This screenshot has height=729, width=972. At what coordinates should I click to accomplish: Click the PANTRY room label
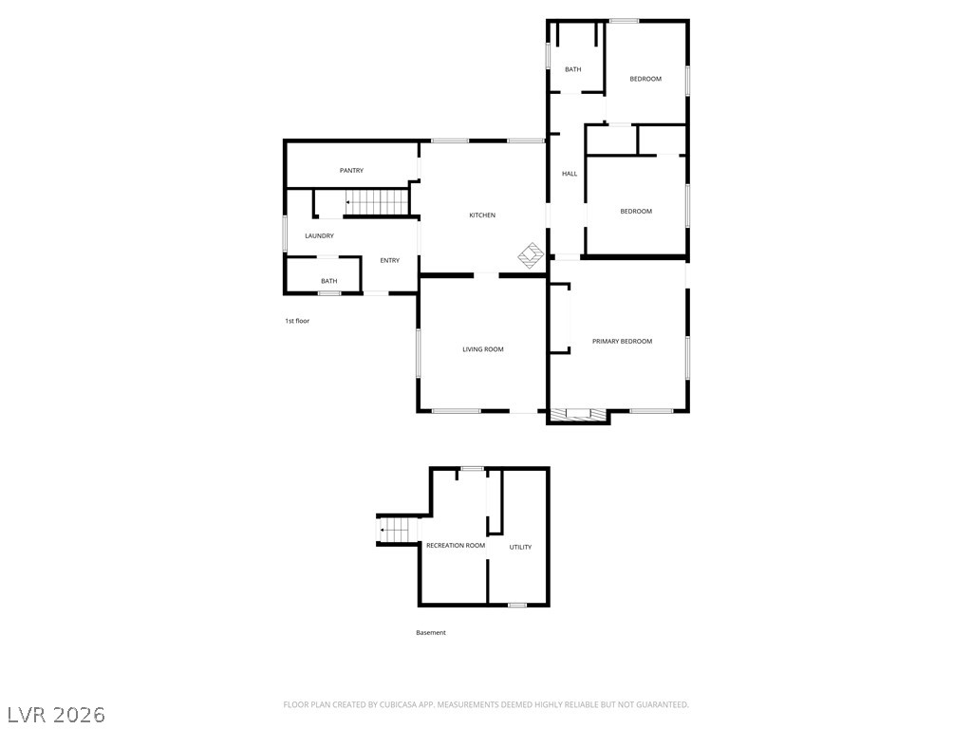tap(351, 171)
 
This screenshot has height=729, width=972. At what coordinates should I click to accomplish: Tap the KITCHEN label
tap(482, 215)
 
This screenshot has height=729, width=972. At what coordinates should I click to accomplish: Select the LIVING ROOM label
tap(482, 349)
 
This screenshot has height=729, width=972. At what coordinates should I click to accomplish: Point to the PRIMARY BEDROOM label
tap(622, 341)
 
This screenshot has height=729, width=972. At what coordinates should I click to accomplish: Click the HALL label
tap(570, 174)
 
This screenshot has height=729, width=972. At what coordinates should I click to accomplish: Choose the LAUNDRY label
tap(319, 235)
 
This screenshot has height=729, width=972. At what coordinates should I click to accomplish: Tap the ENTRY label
tap(389, 261)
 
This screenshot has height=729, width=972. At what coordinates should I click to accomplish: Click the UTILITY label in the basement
tap(520, 547)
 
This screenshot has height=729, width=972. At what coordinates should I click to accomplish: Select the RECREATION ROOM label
tap(456, 546)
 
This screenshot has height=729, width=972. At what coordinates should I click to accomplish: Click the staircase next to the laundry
tap(376, 202)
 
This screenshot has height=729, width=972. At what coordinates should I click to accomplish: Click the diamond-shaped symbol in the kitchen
tap(531, 255)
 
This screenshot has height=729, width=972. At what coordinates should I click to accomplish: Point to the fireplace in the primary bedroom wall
tap(578, 414)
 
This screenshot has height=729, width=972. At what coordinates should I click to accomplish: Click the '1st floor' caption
tap(297, 321)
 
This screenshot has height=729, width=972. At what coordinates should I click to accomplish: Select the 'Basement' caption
tap(431, 633)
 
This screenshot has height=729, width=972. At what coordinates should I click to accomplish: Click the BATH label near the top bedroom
tap(573, 69)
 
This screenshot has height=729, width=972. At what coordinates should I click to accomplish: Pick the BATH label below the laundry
tap(328, 281)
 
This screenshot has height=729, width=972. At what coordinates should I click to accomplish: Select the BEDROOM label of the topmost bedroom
tap(645, 79)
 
